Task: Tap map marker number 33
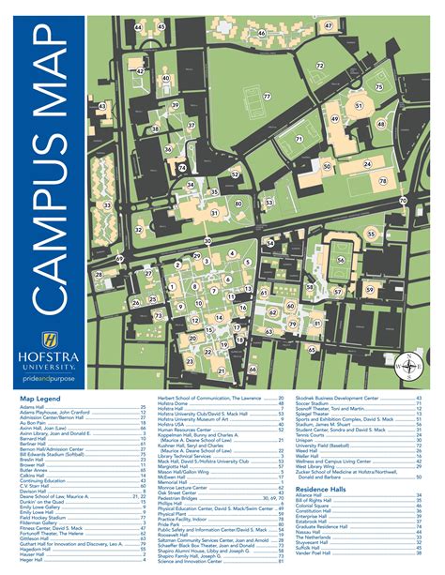(x=107, y=205)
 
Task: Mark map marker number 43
(x=102, y=108)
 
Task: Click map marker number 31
(x=358, y=107)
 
